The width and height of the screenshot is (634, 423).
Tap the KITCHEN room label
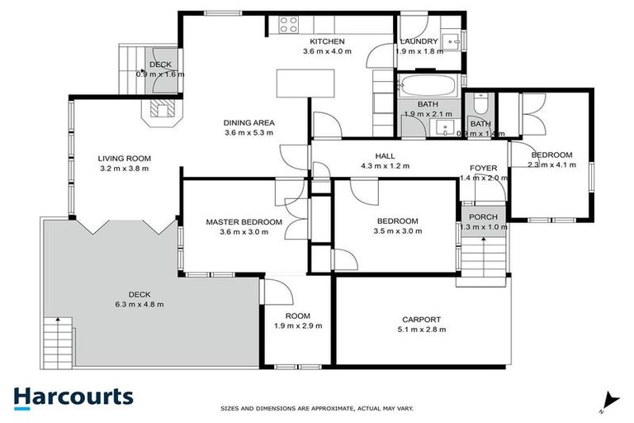coord(327,41)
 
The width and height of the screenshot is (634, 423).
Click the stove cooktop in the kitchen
coord(290,25)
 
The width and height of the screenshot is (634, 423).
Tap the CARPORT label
coord(421,320)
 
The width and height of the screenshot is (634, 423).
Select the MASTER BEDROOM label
coord(244,221)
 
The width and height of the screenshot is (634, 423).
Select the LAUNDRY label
coord(419,41)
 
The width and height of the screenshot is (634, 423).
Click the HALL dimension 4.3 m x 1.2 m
coord(385,166)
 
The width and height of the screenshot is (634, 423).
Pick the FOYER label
coord(483,168)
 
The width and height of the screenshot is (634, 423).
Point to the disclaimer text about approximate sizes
coord(317,408)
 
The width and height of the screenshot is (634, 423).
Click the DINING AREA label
coord(248,123)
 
